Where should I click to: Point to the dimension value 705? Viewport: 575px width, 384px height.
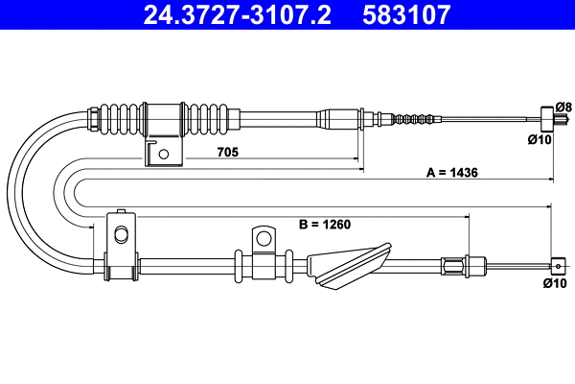[x=226, y=153]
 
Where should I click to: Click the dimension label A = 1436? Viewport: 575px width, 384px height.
[x=451, y=173]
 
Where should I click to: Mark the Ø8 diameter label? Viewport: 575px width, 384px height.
[x=563, y=107]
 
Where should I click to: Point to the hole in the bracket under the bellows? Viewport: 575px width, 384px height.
[x=165, y=154]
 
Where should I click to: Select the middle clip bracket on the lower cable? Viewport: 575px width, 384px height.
[x=261, y=252]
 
